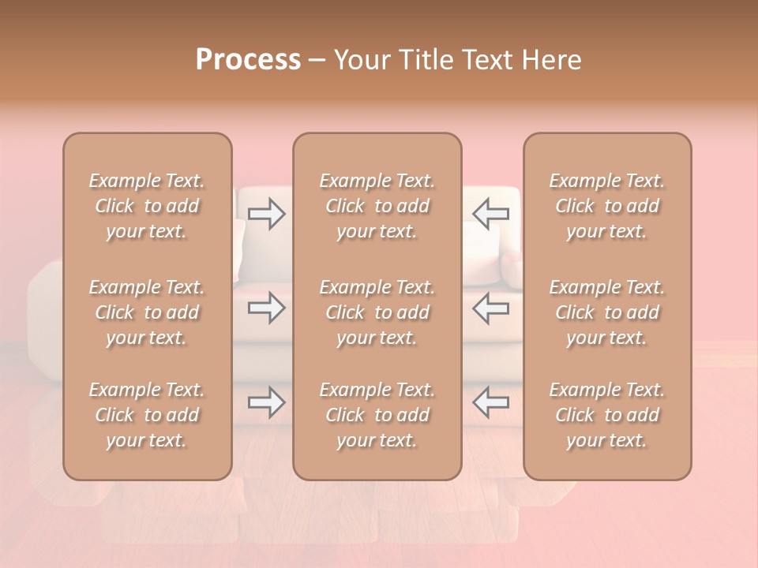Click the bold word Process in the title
coord(248,60)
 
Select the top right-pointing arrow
coord(267,214)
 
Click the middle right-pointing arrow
coord(267,308)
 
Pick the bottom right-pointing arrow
coord(267,402)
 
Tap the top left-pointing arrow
coord(490,214)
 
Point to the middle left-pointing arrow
coord(490,308)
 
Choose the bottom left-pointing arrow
coord(490,402)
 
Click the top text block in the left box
coord(147,206)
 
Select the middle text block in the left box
coord(147,312)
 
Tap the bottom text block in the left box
coord(147,415)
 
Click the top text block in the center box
coord(377,206)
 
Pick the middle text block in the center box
coord(377,312)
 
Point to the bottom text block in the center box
coord(377,415)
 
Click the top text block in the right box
coord(607,206)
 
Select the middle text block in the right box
coord(607,312)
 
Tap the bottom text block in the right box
coord(607,415)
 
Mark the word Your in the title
coord(360,60)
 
